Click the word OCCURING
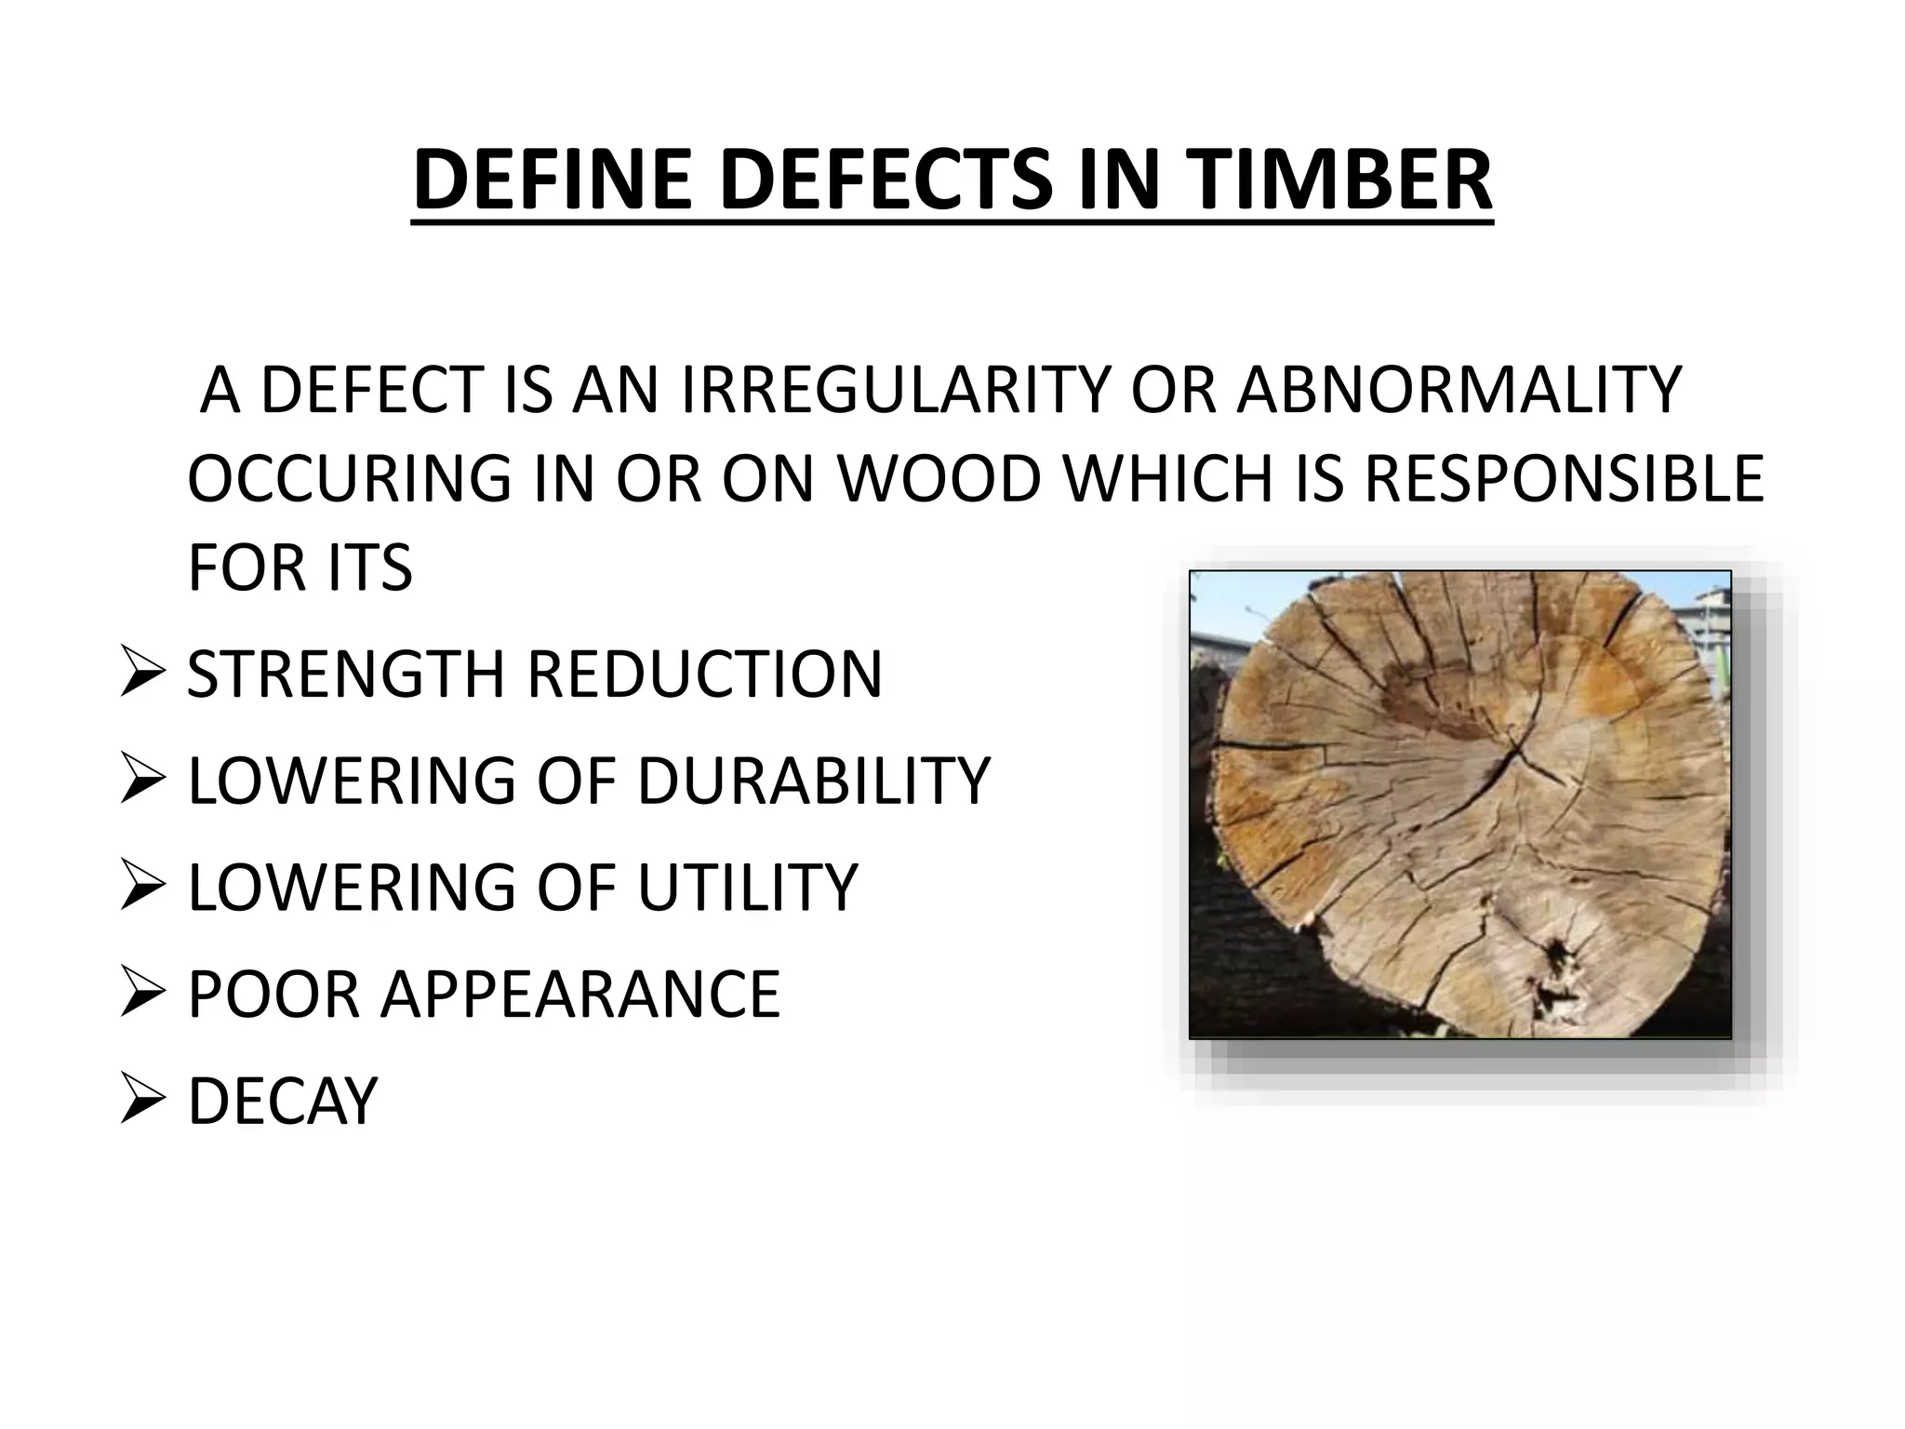349,478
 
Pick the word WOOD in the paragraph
939,478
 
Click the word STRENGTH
345,674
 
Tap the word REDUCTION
704,674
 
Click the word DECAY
283,1101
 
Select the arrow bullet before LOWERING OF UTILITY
142,889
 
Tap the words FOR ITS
300,568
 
